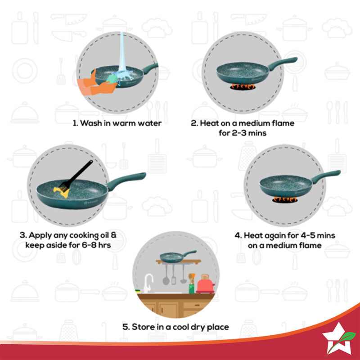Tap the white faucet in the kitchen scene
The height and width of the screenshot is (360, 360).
[x=147, y=283]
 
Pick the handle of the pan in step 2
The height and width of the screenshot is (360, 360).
[x=283, y=64]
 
